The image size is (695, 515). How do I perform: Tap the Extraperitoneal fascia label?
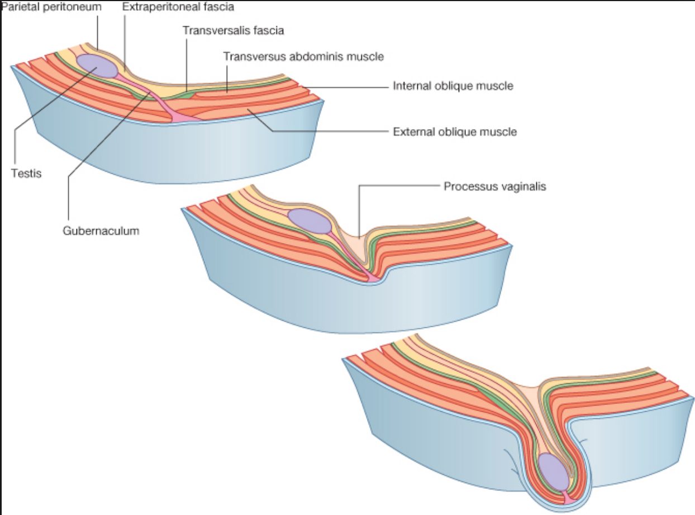[x=178, y=7]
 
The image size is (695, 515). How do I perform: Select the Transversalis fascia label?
[x=234, y=30]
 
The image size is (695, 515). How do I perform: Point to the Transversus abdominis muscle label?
[x=303, y=56]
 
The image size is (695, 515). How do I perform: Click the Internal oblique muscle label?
[x=453, y=86]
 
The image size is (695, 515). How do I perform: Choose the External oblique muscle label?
[x=455, y=132]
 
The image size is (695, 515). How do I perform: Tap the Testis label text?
[x=26, y=173]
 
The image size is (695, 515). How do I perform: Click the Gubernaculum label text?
[x=101, y=231]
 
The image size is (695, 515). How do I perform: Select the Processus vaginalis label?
[x=495, y=187]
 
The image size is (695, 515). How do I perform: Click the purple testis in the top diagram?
[x=97, y=66]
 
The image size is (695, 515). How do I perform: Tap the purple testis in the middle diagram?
[x=310, y=221]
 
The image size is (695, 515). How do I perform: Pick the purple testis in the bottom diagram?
[x=554, y=471]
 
